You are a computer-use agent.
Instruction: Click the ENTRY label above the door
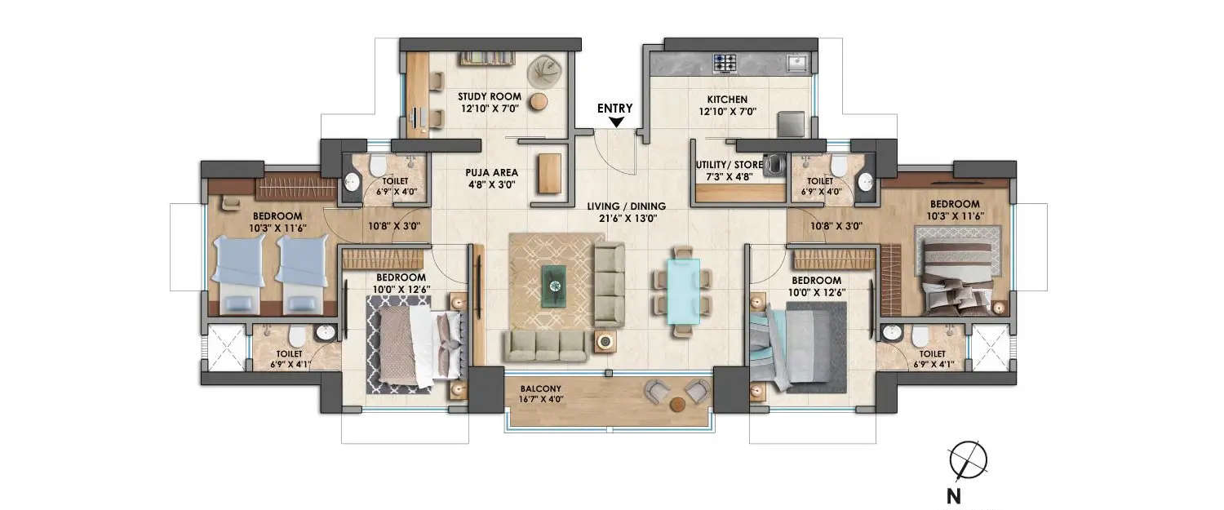click(x=615, y=107)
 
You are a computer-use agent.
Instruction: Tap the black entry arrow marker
click(x=617, y=122)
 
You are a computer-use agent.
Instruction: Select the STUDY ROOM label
click(x=489, y=96)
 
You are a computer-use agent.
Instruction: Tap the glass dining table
click(x=682, y=290)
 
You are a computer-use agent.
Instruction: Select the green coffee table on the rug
click(x=555, y=283)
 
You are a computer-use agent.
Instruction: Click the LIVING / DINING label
click(x=630, y=206)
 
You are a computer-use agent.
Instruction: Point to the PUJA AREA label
click(x=489, y=173)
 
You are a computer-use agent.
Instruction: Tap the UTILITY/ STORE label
click(x=728, y=165)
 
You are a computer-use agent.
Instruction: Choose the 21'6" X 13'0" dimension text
click(x=630, y=219)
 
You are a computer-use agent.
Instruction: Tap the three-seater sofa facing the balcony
click(x=545, y=346)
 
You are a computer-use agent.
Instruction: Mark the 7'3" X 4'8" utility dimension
click(x=728, y=176)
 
